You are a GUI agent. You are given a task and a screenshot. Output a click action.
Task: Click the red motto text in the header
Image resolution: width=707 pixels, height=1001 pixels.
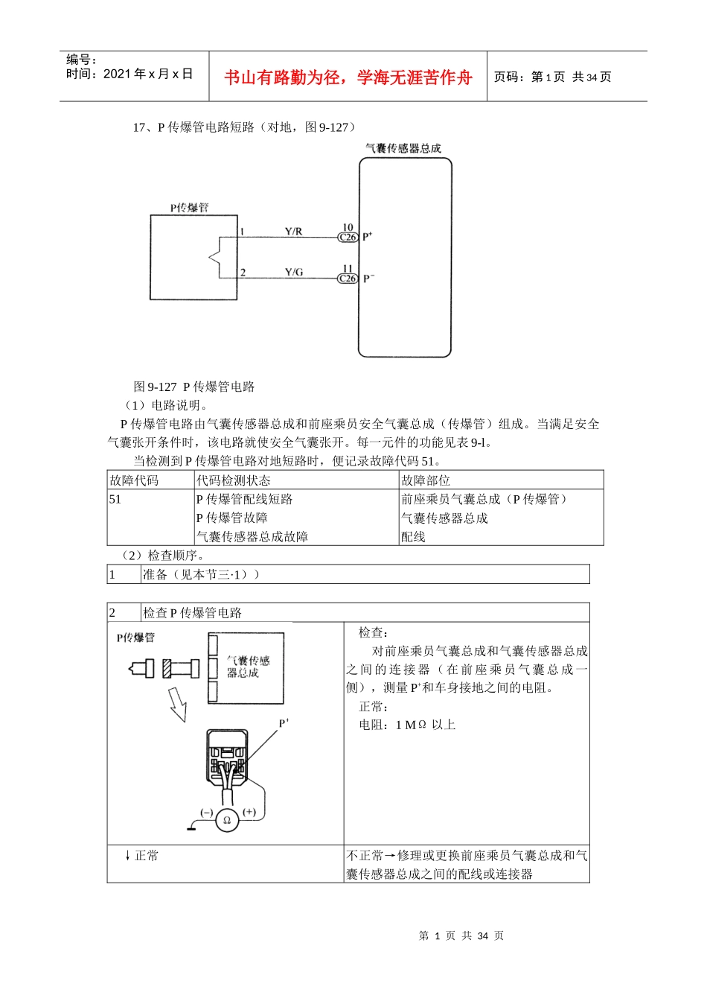click(348, 77)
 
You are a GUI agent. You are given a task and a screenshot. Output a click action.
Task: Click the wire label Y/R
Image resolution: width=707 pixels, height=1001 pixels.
click(293, 232)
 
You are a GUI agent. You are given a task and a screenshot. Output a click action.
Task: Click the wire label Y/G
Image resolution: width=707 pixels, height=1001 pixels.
click(293, 273)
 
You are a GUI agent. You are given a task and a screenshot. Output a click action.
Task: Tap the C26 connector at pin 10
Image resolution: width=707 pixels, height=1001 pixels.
click(348, 238)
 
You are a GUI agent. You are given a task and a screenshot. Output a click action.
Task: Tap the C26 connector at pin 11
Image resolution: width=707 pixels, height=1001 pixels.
click(348, 279)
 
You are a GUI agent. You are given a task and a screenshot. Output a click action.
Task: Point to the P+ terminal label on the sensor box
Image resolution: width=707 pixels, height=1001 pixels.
click(368, 237)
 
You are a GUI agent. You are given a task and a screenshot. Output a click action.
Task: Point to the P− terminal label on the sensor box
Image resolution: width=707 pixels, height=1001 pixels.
click(368, 279)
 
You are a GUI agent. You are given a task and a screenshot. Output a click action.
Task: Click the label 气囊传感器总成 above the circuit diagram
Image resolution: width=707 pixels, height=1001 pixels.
click(403, 148)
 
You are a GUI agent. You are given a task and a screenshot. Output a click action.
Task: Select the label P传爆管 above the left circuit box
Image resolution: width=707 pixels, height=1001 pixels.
click(189, 208)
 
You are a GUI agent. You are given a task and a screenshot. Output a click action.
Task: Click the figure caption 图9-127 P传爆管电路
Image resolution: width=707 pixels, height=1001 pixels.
click(194, 387)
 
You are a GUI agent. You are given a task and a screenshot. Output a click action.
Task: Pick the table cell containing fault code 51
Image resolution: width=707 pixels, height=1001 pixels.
click(115, 499)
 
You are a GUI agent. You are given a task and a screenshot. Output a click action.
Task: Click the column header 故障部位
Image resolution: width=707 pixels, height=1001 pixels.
click(426, 480)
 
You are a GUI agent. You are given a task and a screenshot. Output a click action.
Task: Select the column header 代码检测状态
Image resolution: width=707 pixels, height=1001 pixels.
click(233, 480)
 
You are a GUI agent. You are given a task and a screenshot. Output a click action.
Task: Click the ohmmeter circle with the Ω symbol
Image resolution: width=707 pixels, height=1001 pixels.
click(226, 821)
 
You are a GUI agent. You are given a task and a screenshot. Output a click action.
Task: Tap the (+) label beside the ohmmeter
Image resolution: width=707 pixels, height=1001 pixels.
click(249, 813)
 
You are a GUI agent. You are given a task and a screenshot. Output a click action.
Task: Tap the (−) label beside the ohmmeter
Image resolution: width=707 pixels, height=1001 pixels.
click(206, 813)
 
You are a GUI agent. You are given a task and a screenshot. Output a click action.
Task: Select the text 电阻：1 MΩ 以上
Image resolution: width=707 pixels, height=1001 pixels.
click(407, 725)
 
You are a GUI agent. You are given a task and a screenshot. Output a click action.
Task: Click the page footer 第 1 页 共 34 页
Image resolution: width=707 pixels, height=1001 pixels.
click(461, 935)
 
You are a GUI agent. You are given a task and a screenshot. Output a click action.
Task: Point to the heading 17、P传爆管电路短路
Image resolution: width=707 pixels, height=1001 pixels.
click(246, 127)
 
